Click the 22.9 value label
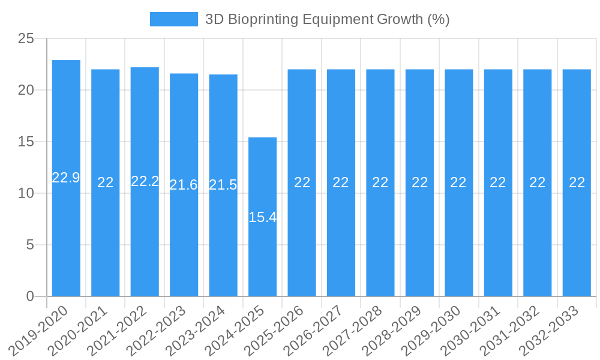[66, 178]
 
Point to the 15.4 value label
[262, 217]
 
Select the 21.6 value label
[184, 185]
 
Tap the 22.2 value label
[145, 181]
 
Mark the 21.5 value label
[223, 185]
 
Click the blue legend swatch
[173, 19]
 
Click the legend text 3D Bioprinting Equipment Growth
[327, 19]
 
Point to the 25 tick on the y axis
[26, 39]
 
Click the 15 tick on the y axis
[26, 142]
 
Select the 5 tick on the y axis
[30, 245]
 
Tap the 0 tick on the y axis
[30, 296]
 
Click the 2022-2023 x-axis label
[159, 331]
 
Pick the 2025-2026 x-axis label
[277, 331]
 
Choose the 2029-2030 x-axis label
[434, 331]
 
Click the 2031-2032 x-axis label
[512, 331]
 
